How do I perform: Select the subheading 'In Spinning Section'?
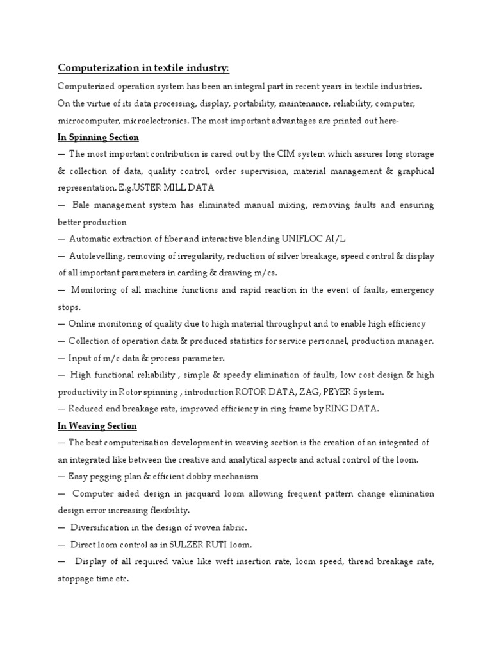click(98, 137)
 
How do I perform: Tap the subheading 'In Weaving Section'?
click(97, 426)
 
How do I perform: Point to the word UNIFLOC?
click(306, 239)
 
